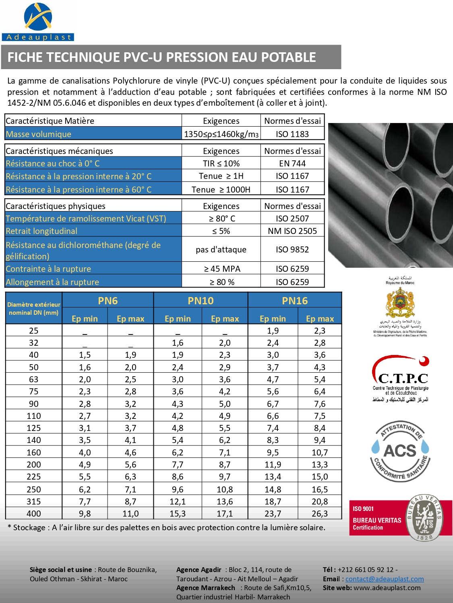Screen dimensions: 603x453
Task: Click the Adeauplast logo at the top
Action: coord(38,22)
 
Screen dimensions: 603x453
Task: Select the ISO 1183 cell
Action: coord(292,134)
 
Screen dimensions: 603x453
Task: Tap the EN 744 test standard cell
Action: coord(292,164)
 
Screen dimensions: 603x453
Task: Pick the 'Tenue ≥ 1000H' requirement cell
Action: coord(221,190)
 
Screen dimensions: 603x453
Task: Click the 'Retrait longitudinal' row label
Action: coord(41,231)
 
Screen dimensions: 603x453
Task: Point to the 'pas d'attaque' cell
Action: coord(221,250)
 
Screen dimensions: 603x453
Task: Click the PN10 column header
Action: coord(201,301)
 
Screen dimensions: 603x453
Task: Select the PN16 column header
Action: coord(295,301)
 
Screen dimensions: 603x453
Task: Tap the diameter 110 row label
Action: coord(34,416)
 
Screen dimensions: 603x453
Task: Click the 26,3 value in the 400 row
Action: coord(320,514)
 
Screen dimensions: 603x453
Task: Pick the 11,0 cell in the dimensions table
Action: coord(130,514)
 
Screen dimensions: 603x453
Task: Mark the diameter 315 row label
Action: coord(34,502)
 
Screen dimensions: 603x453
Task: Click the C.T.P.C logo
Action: coord(401,376)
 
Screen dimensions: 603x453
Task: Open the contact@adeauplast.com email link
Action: coord(385,579)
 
